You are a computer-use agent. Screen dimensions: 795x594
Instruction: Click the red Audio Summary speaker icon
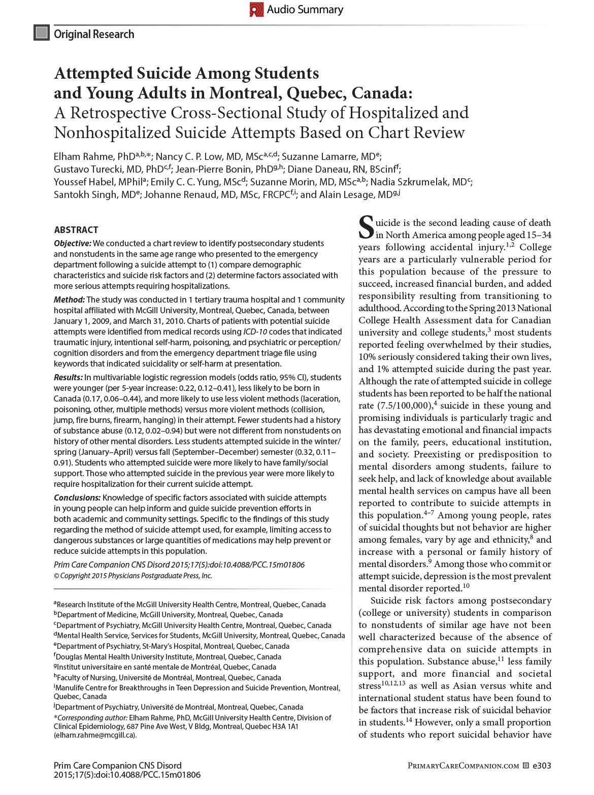coord(256,10)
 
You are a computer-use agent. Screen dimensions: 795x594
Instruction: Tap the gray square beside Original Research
coord(41,33)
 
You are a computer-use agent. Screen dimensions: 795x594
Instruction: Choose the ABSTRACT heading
coord(76,229)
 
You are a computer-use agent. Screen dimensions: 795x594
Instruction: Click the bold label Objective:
coord(73,243)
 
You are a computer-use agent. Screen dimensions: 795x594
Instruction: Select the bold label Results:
coord(69,377)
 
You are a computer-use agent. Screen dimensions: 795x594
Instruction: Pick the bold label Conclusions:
coord(77,498)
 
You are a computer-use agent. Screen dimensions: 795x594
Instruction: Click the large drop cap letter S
coord(366,228)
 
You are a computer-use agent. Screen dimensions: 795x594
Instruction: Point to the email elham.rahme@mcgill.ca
coord(95,735)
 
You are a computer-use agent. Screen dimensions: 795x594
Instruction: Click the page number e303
coord(542,766)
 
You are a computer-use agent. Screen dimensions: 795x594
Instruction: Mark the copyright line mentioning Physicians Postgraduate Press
coord(133,576)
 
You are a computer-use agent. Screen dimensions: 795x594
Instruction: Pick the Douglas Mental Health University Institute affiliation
coord(169,656)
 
